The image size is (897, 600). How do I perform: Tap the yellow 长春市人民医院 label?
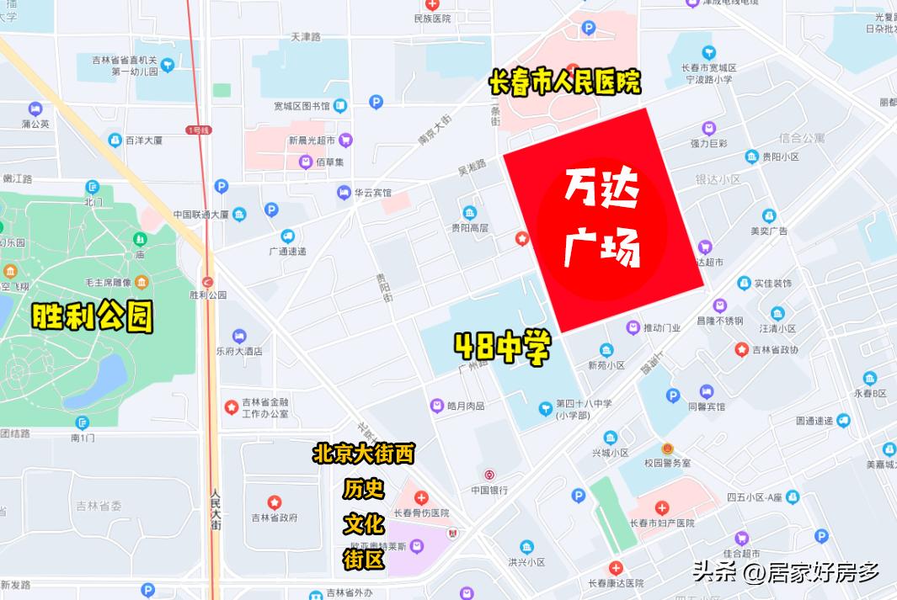pos(564,82)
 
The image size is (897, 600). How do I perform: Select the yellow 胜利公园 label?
pos(93,316)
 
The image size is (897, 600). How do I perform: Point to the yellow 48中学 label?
pos(503,345)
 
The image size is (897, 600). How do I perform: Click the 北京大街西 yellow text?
pos(363,454)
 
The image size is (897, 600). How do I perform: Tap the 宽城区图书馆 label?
pos(302,106)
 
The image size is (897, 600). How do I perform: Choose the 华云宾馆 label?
pos(372,193)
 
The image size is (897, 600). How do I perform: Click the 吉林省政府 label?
pos(275,518)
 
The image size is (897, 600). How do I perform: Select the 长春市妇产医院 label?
pos(662,523)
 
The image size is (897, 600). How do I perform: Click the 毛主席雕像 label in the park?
pos(109,281)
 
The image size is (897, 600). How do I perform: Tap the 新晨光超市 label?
pos(312,140)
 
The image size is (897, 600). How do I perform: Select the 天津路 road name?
pos(306,37)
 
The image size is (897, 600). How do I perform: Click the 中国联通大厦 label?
pos(201,215)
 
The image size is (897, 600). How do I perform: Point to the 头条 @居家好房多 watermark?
pos(785,573)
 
